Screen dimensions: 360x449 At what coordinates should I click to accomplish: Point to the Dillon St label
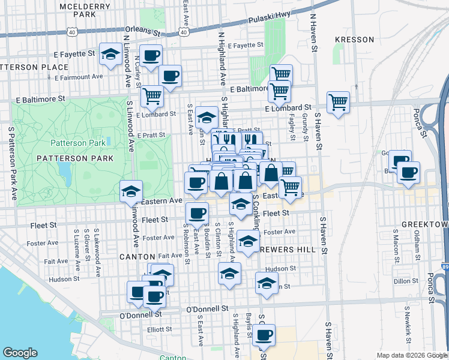click(406, 280)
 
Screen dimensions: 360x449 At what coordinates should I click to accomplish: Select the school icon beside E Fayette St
click(111, 55)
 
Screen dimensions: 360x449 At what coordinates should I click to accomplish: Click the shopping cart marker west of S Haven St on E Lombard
click(338, 103)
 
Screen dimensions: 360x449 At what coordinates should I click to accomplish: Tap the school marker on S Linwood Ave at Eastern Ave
click(131, 191)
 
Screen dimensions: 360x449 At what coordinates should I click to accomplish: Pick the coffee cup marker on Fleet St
click(197, 212)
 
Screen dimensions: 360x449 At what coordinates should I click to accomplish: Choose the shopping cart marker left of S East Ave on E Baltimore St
click(152, 95)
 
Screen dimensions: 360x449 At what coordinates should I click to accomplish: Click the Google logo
click(20, 353)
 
